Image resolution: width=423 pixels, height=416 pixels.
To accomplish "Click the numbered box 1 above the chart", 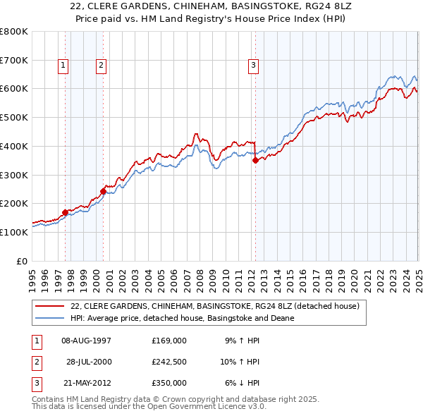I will [x=63, y=66].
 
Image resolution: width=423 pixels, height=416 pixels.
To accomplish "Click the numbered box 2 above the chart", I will [x=102, y=66].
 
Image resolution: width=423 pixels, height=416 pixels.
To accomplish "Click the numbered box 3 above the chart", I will [x=253, y=66].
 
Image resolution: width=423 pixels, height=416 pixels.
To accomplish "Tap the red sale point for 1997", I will [x=65, y=212].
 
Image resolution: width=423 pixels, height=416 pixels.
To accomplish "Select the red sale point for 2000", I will [x=103, y=190].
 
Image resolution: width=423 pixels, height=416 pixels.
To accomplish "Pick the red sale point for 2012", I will [x=255, y=160].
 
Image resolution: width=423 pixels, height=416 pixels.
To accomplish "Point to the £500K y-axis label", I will [x=14, y=117].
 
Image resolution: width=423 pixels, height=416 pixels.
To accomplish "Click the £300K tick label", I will [x=14, y=175].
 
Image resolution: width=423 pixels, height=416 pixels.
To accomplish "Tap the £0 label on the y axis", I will [x=23, y=261].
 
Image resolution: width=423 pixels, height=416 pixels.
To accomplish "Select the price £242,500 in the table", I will [x=169, y=362].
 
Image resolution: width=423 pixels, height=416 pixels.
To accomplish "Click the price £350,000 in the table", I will [x=169, y=383].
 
